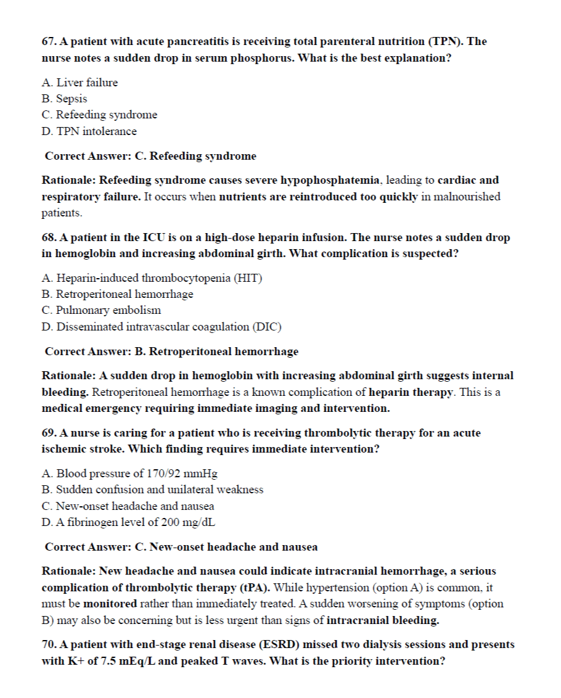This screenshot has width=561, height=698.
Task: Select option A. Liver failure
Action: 80,82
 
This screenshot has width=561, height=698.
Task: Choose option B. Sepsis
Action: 64,99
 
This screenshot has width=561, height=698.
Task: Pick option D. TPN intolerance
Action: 89,131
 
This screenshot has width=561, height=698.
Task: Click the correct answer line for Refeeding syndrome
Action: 150,156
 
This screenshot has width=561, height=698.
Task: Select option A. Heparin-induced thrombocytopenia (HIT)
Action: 152,278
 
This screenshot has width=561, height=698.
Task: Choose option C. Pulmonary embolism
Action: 101,310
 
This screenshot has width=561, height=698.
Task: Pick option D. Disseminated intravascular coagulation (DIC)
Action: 162,327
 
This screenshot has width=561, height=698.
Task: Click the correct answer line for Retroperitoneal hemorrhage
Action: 171,351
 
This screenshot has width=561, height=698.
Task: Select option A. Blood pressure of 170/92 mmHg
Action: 129,474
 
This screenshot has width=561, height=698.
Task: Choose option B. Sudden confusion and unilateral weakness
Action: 152,490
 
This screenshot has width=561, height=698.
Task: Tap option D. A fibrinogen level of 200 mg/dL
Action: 128,522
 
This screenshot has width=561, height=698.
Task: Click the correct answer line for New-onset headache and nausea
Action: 181,547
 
